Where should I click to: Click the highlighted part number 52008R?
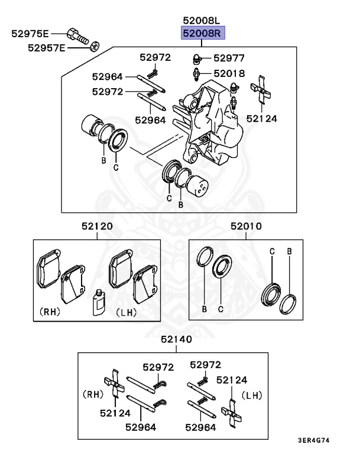pyautogui.click(x=201, y=33)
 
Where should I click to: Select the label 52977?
pyautogui.click(x=229, y=58)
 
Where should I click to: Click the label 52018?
pyautogui.click(x=229, y=73)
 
